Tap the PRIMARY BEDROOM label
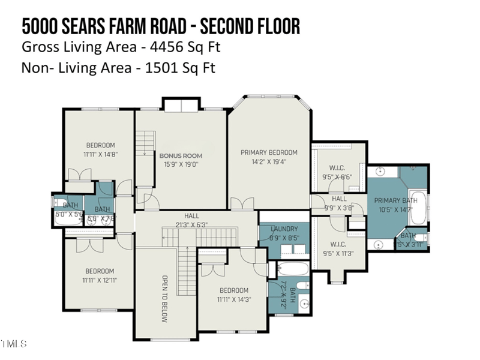click(x=269, y=152)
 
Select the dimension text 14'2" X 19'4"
click(x=269, y=161)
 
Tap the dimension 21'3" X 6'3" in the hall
click(x=192, y=224)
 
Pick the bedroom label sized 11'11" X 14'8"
click(x=100, y=145)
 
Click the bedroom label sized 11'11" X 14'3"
click(x=233, y=290)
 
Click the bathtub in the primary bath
click(x=419, y=208)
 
